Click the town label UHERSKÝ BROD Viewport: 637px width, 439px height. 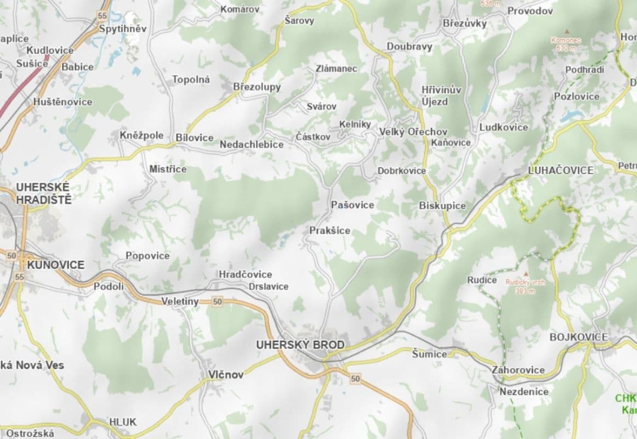(x=300, y=345)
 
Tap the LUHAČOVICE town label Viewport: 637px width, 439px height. (x=560, y=171)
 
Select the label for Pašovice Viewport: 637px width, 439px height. (x=352, y=205)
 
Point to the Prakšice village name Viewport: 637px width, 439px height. (x=329, y=230)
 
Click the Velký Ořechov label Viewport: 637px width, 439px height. (x=413, y=132)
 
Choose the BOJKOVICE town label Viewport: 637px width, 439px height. (x=578, y=337)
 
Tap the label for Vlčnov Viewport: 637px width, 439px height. (x=225, y=375)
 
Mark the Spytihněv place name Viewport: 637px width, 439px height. (x=123, y=29)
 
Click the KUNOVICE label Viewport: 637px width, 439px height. (x=55, y=265)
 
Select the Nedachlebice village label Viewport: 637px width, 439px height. (x=252, y=144)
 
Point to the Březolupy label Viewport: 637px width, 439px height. (x=257, y=87)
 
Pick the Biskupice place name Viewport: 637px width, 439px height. (x=442, y=206)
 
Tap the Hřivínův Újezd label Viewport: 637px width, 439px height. (x=441, y=95)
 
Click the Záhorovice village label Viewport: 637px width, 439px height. (x=518, y=370)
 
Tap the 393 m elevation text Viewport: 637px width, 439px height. (x=525, y=291)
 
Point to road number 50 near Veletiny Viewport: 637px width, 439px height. (x=218, y=301)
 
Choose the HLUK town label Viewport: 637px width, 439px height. (x=123, y=422)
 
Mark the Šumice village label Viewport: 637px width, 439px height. (x=429, y=354)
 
